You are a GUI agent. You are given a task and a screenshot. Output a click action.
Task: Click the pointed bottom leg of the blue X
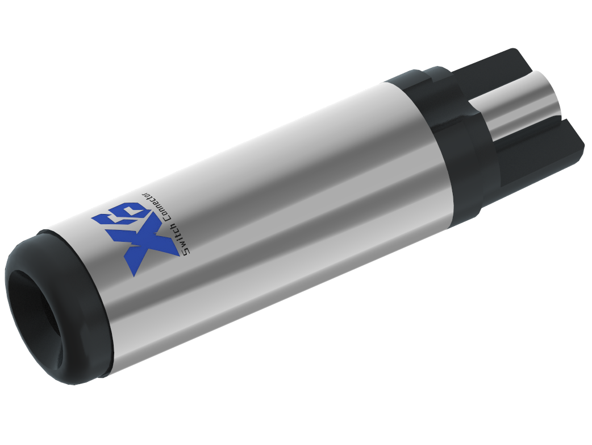pyautogui.click(x=133, y=272)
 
